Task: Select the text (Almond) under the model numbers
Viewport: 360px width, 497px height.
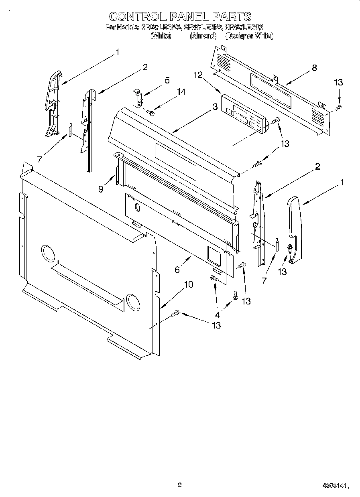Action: pyautogui.click(x=203, y=36)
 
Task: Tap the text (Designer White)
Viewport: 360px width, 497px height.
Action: pyautogui.click(x=249, y=36)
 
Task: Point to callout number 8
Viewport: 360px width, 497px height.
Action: pyautogui.click(x=314, y=68)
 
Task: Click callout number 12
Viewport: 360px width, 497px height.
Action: pyautogui.click(x=198, y=75)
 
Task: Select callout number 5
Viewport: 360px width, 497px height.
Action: pyautogui.click(x=167, y=80)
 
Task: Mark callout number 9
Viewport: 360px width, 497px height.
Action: pyautogui.click(x=101, y=189)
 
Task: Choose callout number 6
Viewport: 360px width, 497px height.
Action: pyautogui.click(x=177, y=270)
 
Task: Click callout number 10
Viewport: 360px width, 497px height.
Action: pyautogui.click(x=188, y=284)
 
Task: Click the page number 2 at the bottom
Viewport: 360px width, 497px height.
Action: pyautogui.click(x=180, y=485)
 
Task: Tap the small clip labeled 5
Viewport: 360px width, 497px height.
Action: pyautogui.click(x=138, y=98)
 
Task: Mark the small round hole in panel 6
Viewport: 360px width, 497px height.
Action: pyautogui.click(x=137, y=208)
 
